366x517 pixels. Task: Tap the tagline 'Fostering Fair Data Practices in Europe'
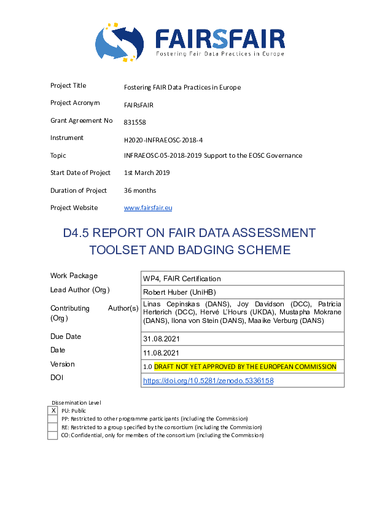click(x=219, y=54)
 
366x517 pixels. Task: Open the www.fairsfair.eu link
click(x=147, y=208)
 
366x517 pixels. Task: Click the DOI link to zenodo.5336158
click(x=208, y=381)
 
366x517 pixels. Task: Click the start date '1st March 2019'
click(x=147, y=173)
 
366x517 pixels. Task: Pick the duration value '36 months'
click(x=140, y=190)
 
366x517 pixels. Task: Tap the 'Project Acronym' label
click(x=75, y=103)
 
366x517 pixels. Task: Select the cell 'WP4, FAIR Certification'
click(x=182, y=279)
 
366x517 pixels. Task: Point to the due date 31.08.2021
click(x=161, y=338)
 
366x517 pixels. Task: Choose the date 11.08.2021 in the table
click(x=161, y=352)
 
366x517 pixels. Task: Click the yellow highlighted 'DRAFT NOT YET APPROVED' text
click(x=245, y=367)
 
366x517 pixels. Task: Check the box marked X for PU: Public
click(x=53, y=410)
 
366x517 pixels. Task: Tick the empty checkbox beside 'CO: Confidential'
click(x=53, y=435)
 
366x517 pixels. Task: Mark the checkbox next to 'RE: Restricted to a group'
click(x=53, y=427)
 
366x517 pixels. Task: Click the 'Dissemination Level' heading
click(x=76, y=403)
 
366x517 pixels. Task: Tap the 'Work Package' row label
click(x=74, y=276)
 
